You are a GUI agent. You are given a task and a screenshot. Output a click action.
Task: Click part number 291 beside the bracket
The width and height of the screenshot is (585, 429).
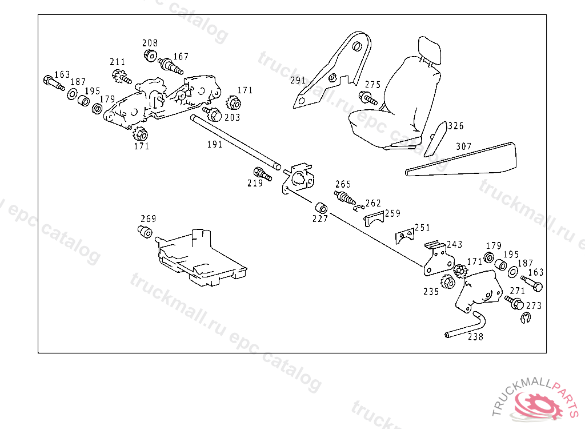298,81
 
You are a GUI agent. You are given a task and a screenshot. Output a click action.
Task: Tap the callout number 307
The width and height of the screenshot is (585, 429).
464,146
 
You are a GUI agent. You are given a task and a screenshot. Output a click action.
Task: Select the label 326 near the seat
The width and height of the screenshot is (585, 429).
456,126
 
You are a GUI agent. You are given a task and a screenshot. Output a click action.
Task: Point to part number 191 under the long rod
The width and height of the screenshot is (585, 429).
215,145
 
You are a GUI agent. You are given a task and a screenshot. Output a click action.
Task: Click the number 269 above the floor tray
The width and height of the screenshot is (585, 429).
149,219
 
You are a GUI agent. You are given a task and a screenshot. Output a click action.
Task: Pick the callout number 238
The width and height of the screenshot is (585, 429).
475,337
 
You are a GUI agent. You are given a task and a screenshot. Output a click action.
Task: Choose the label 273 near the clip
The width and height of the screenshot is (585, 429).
534,306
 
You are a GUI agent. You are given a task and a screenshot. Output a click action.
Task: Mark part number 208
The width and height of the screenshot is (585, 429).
150,43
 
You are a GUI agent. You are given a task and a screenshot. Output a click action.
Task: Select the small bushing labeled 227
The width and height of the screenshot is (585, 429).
320,206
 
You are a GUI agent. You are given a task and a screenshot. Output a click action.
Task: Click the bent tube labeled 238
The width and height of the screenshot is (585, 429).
466,326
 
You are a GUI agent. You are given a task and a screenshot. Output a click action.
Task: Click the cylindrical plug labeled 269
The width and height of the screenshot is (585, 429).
145,232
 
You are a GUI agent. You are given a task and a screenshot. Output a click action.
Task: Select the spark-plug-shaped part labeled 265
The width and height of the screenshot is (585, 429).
345,197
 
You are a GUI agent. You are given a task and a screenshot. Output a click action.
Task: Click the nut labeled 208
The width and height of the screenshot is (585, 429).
150,55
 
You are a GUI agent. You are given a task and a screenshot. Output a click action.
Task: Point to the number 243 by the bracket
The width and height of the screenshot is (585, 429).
455,244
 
